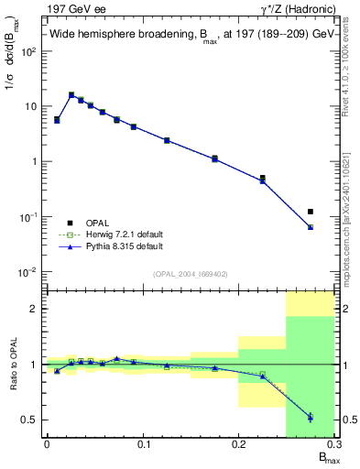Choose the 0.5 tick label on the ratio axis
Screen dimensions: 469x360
pyautogui.click(x=28, y=420)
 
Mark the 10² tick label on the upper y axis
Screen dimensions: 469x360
pyautogui.click(x=27, y=51)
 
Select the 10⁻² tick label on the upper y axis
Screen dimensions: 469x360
pyautogui.click(x=27, y=272)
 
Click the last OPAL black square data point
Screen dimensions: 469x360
pyautogui.click(x=311, y=212)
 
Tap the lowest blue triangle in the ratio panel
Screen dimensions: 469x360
pyautogui.click(x=311, y=418)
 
